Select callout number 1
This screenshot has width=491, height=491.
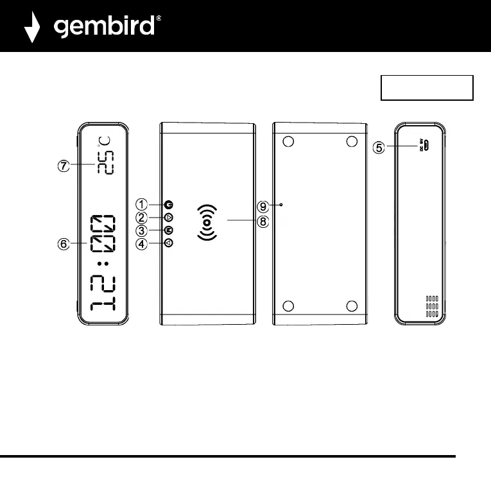(142, 204)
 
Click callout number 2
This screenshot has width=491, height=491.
(142, 218)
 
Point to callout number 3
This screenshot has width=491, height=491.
(142, 230)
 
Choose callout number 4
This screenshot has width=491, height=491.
(142, 243)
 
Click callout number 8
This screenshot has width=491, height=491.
(263, 222)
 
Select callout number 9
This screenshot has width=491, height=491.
(263, 206)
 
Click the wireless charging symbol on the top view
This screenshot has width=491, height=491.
(206, 223)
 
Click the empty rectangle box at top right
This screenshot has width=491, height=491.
(427, 88)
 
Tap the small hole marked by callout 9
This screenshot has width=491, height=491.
(282, 205)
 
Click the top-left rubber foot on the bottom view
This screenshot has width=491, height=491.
(289, 141)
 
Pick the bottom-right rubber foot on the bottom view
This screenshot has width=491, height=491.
(352, 306)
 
